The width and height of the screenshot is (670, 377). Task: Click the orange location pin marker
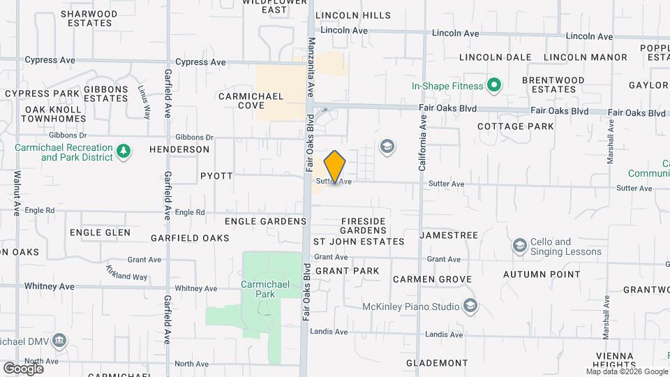(335, 167)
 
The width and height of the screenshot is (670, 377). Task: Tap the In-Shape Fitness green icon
(494, 86)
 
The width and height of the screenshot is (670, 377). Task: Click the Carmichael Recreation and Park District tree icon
(124, 151)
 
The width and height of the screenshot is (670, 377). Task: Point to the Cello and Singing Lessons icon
(519, 246)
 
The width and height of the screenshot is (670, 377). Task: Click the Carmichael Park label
(258, 289)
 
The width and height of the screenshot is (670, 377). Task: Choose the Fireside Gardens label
(363, 226)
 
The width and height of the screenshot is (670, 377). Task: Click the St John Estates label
(358, 242)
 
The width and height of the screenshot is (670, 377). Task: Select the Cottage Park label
(516, 126)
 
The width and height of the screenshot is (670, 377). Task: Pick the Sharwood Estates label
(90, 18)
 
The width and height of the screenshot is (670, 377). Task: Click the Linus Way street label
(143, 102)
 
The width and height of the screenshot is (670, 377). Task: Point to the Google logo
(23, 368)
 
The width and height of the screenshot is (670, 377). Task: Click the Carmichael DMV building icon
(59, 340)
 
